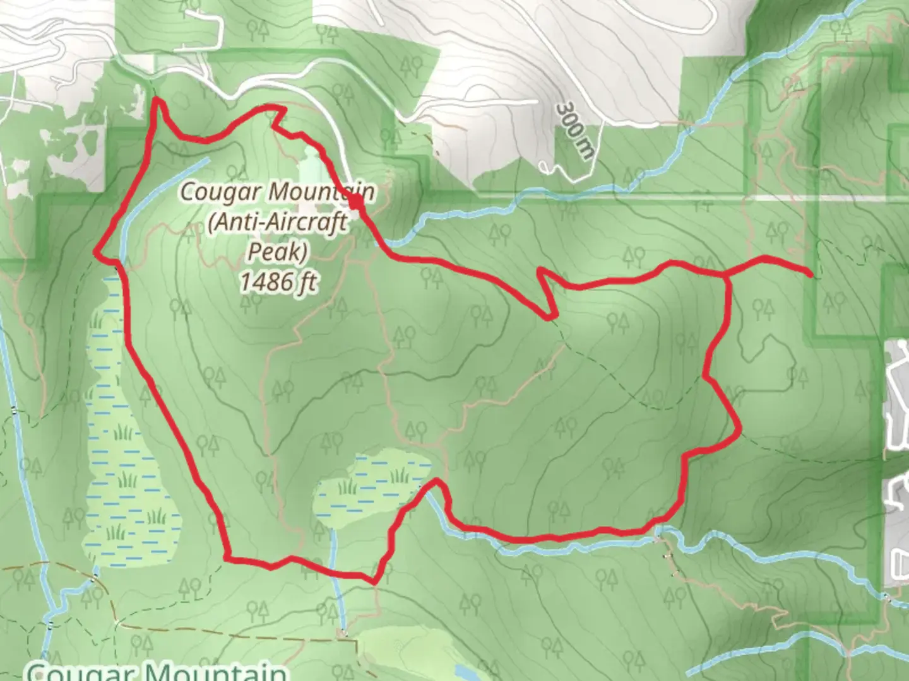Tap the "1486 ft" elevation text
(x=277, y=282)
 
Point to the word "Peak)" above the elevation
(x=277, y=252)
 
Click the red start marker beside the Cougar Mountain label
(x=356, y=201)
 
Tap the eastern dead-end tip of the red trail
(x=809, y=272)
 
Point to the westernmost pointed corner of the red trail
(x=96, y=252)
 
